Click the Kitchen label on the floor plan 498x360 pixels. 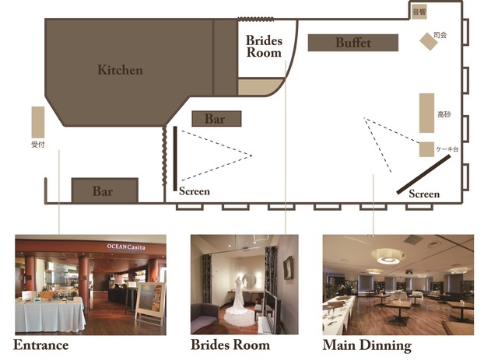click(x=120, y=70)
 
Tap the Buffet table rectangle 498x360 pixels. click(x=352, y=43)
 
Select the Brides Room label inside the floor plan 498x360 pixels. click(x=264, y=47)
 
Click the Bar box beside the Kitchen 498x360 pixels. click(x=216, y=119)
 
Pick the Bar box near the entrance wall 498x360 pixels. click(x=105, y=190)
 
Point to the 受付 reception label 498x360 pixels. click(x=38, y=145)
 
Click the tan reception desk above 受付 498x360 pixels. click(x=38, y=122)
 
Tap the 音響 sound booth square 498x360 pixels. click(x=419, y=12)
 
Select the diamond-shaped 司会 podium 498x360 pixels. click(x=429, y=41)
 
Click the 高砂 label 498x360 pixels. click(x=444, y=114)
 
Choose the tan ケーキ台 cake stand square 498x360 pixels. click(x=426, y=149)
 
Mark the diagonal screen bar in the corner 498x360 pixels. click(x=423, y=174)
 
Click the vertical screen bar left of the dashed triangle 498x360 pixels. click(x=175, y=159)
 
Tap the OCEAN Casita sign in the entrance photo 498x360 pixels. click(x=126, y=246)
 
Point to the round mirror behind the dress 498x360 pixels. click(x=249, y=280)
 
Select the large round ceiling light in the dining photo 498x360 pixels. click(x=388, y=256)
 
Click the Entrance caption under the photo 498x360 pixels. click(x=41, y=345)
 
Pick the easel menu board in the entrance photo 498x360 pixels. click(x=150, y=303)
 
